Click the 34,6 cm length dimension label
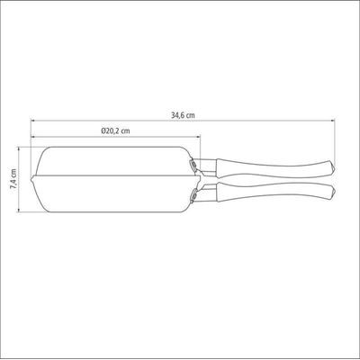coord(183,115)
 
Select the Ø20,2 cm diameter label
coord(115,131)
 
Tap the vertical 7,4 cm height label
coord(13,179)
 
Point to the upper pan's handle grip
coord(275,167)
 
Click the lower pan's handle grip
coord(275,192)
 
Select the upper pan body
coord(115,160)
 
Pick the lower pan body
coord(115,194)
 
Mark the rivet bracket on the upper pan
coord(193,164)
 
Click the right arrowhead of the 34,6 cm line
coord(332,121)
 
